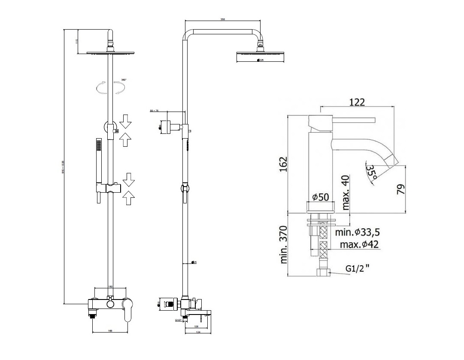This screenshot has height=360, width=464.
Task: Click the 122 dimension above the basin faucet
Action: click(357, 102)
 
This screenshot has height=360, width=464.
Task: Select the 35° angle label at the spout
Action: click(372, 172)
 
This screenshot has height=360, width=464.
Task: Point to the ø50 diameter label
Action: click(320, 197)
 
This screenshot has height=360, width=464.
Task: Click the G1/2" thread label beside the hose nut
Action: click(358, 269)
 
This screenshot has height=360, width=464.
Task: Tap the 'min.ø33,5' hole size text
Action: click(358, 233)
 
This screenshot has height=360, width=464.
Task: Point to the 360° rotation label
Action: click(124, 80)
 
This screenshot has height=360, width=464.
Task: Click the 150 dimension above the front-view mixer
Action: click(110, 286)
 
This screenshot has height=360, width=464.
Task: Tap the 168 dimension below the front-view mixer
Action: click(110, 330)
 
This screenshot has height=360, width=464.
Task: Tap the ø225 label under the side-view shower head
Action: click(260, 60)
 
